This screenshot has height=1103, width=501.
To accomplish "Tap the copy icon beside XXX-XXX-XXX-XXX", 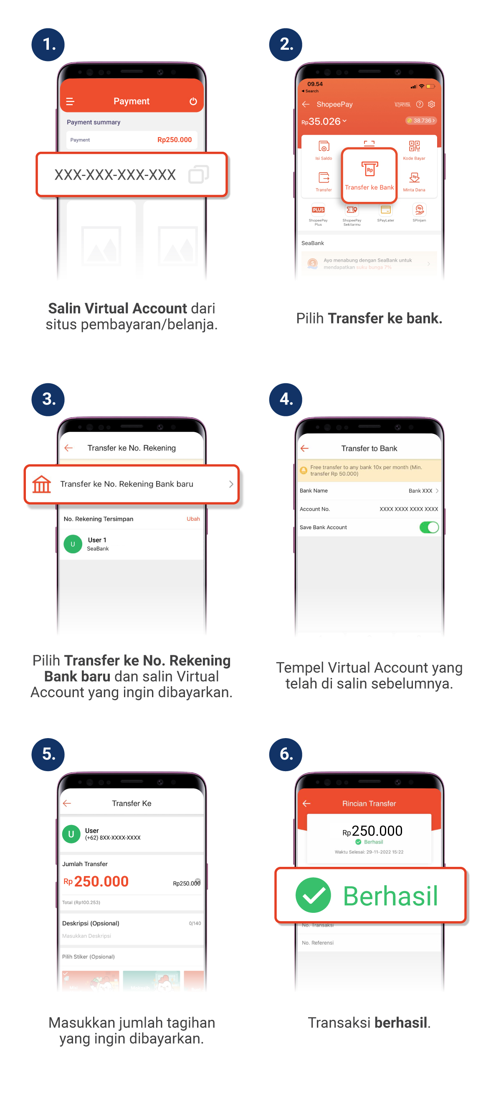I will pos(198,174).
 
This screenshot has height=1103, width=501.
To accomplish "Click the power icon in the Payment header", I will pos(193,102).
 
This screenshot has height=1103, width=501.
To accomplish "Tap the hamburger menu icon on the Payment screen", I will pos(70,102).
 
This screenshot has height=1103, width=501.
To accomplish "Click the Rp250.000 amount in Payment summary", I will pos(175,140).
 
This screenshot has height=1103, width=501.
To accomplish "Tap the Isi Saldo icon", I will pos(324,146).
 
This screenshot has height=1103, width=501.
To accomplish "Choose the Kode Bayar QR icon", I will pos(414,146).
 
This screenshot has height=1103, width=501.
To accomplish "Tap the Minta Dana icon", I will pos(414,178).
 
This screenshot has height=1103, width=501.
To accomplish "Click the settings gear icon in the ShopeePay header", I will pos(432,104).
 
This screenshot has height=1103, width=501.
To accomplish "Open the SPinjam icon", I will pos(419,210).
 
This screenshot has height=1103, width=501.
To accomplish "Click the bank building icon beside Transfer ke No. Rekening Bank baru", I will pos(42,484).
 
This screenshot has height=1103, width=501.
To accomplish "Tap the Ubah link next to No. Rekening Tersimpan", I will pos(193,519).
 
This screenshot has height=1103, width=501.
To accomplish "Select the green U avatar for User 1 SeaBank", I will pos(73,544).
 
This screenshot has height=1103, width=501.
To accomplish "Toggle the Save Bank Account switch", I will pos(429,527).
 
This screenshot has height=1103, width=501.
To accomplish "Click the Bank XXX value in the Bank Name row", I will pos(420,491).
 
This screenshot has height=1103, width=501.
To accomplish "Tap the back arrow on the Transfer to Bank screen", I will pos(305,448).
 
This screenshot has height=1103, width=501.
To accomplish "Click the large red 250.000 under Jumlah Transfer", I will pos(101,881).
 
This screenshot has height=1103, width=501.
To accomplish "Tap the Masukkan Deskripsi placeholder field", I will pos(87,936).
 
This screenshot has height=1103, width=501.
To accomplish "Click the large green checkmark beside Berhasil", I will pos(313,895).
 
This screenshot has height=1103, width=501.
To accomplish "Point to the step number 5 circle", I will pos(48,754).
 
